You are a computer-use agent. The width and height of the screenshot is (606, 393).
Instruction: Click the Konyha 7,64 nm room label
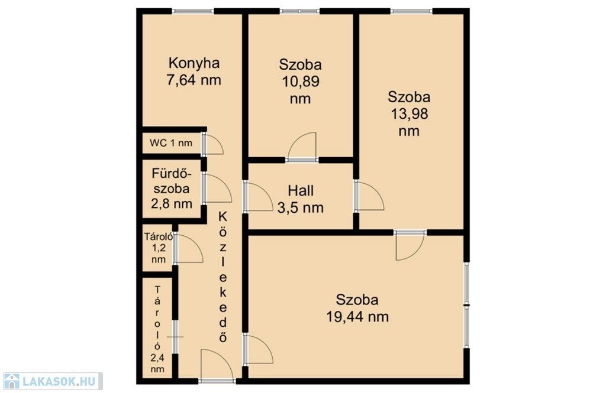194,72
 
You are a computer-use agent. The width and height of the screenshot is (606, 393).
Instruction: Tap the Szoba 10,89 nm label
300,82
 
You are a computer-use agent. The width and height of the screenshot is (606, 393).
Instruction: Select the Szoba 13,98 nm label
410,114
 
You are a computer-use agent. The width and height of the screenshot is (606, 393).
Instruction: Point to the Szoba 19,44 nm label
357,308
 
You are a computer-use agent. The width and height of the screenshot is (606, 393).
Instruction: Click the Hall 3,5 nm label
300,199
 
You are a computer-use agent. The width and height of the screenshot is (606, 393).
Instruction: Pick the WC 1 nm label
171,143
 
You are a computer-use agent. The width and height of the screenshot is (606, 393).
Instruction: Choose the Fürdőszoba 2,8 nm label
172,189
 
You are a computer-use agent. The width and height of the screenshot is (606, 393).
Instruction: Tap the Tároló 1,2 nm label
159,248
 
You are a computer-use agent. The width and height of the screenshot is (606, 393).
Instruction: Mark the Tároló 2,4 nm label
157,329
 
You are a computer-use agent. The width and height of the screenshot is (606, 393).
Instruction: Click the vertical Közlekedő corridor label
223,277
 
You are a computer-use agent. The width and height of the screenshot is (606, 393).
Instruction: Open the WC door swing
212,144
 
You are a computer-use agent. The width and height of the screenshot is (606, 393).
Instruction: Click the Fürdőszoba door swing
217,188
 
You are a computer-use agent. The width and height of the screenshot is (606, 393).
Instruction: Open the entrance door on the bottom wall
217,366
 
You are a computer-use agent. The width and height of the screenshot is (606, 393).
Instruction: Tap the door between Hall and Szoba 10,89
302,147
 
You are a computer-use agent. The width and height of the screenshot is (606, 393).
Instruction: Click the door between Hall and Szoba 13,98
369,196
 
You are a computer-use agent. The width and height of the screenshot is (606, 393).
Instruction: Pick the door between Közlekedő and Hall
258,196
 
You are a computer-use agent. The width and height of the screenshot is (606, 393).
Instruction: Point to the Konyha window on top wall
193,11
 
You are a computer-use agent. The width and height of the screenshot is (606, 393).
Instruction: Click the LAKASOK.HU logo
53,381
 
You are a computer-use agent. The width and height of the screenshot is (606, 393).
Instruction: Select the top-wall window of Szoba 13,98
411,11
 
